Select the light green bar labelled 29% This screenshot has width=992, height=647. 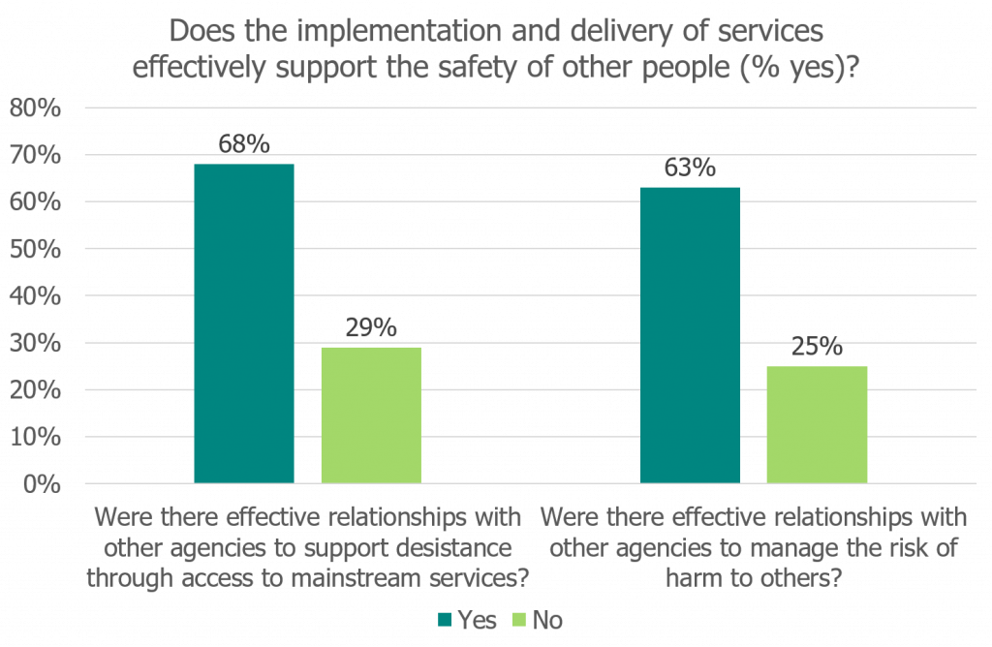coord(371,415)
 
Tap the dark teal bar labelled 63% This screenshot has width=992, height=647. coord(691,334)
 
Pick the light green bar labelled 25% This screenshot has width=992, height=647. coord(817,424)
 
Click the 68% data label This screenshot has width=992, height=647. coord(244,144)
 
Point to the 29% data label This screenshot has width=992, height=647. coord(371,327)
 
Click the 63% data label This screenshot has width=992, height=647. coord(691,168)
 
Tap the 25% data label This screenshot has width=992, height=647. coord(817,347)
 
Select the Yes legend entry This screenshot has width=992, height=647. coord(469,620)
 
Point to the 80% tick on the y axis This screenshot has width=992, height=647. coord(36,108)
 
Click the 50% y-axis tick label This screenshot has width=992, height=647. coord(36,249)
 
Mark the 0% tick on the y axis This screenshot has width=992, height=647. coord(43,483)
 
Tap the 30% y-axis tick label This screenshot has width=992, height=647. coord(36,343)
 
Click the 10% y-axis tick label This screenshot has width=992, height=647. coord(36,437)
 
